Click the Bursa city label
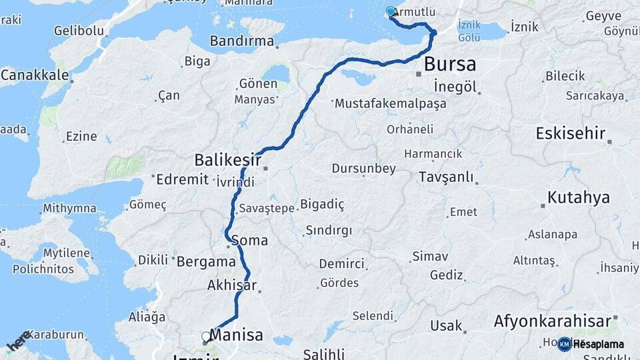[x=450, y=65]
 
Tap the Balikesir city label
[x=227, y=160]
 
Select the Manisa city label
[x=237, y=335]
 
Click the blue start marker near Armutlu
[x=391, y=11]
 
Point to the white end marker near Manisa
[x=206, y=337]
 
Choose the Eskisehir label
[x=570, y=133]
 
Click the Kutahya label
[x=578, y=197]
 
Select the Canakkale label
[x=34, y=75]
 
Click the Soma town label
[x=251, y=240]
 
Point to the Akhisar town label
[x=231, y=285]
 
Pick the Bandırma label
[x=241, y=41]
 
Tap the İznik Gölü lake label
[x=469, y=31]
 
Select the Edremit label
[x=182, y=179]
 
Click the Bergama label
[x=207, y=262]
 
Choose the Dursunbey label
[x=363, y=169]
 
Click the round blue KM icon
[x=564, y=344]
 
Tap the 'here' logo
[x=18, y=340]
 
